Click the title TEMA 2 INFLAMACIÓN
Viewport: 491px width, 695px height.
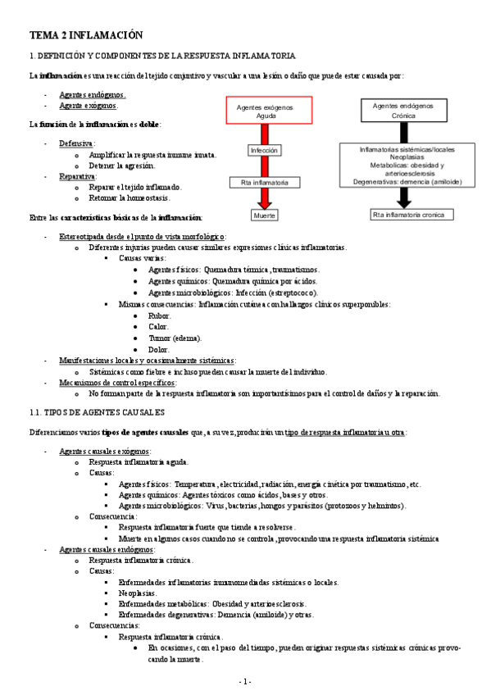86,35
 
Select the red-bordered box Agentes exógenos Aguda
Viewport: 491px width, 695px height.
266,111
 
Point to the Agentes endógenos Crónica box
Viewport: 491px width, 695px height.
403,111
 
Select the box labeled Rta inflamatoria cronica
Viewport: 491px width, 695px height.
403,215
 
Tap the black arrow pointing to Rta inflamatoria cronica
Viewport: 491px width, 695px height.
403,197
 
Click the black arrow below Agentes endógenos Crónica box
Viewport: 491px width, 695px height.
403,133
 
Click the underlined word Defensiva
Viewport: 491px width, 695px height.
76,143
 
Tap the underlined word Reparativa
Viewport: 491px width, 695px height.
77,176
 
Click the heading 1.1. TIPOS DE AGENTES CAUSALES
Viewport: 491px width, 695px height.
97,411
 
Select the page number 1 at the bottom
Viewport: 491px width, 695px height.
245,682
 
